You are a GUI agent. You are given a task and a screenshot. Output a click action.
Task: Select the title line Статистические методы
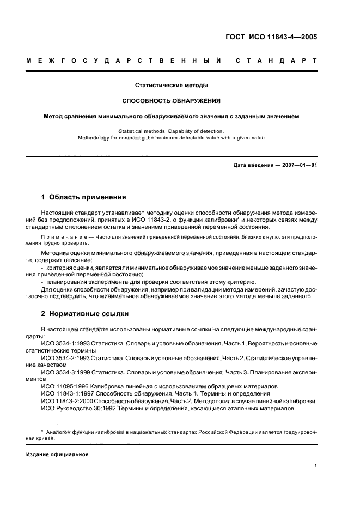tap(172, 86)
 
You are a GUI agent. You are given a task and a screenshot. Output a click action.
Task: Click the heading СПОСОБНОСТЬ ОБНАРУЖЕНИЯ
tap(172, 101)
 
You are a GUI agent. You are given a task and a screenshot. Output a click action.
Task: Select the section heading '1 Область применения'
tap(84, 197)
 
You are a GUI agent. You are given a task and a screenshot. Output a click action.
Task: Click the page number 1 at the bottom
tap(316, 466)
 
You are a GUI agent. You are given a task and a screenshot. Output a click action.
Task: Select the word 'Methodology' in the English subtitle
tap(94, 138)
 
